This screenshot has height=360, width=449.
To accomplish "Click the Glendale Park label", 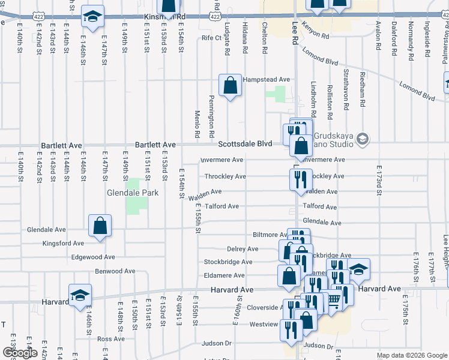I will tap(133, 193).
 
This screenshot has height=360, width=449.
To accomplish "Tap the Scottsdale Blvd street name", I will tap(245, 143).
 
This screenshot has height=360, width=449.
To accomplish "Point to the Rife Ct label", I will tap(212, 38).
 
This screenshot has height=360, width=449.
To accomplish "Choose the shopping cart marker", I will tap(332, 299).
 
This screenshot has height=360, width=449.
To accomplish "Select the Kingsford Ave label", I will tap(63, 243).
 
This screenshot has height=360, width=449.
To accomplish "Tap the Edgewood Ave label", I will tap(93, 257).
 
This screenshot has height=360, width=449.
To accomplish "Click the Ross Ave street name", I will tap(110, 339).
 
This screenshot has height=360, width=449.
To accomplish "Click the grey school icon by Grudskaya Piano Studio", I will tap(362, 139).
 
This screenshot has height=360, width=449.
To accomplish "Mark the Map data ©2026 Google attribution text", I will tap(412, 355).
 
